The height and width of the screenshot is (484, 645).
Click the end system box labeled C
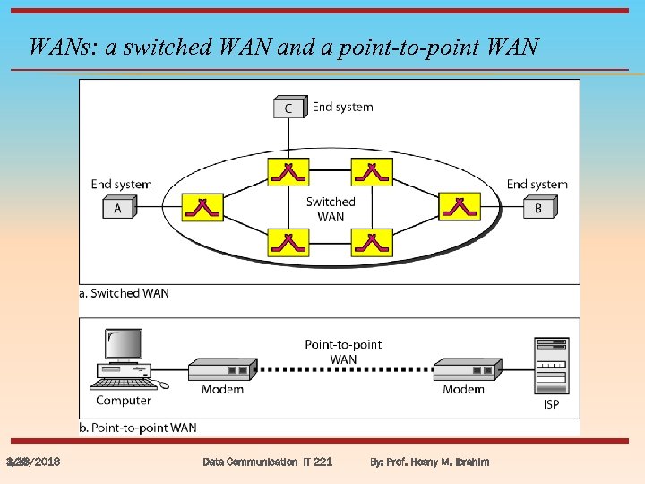coord(288,108)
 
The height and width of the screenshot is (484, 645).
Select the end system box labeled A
coord(117,208)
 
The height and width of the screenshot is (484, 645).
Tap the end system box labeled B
coord(538,208)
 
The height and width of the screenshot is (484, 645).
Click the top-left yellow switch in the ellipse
coord(288,171)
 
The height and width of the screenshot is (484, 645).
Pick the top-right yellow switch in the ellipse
coord(372,171)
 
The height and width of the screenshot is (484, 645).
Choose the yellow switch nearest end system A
coord(202,207)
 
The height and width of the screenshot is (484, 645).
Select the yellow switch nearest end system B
coord(459,207)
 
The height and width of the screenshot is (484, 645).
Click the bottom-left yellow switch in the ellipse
coord(288,242)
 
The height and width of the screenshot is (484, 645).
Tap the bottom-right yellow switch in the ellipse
coord(372,242)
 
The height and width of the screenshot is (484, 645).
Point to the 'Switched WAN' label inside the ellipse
coord(331,209)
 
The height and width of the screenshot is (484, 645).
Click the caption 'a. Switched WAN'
coord(124,293)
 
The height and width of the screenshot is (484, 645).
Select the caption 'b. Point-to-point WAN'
coord(138,428)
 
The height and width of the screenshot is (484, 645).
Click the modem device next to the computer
coord(221,368)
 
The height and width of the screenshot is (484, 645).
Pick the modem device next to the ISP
coord(468,368)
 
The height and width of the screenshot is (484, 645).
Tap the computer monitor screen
coord(124,344)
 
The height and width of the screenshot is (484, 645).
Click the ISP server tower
coord(551,365)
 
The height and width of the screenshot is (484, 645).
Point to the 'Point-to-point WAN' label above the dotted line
coord(343,351)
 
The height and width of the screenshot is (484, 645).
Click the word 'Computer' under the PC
coord(124,400)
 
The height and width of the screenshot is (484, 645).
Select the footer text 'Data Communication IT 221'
coord(267,462)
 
